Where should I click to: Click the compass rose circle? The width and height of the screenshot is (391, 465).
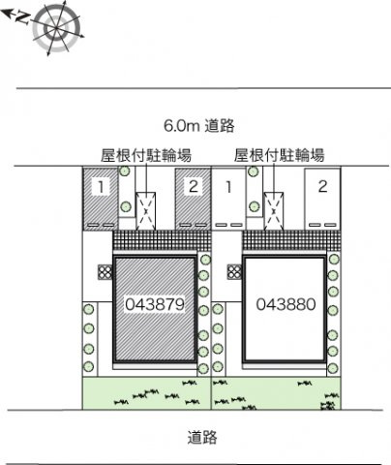tap(50, 27)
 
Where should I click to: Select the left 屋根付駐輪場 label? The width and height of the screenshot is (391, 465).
tap(146, 154)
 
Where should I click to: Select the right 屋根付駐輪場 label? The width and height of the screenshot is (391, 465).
tap(279, 154)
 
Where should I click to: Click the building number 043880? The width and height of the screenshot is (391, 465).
tap(286, 304)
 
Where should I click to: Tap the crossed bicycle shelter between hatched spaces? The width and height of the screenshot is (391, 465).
tap(146, 206)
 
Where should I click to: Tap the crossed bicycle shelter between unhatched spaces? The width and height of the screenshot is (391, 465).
tap(275, 205)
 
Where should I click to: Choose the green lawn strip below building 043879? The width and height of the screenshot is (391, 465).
tap(145, 392)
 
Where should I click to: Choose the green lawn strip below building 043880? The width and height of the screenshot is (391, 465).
tap(277, 392)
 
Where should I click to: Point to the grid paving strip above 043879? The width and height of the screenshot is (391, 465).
tap(161, 241)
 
